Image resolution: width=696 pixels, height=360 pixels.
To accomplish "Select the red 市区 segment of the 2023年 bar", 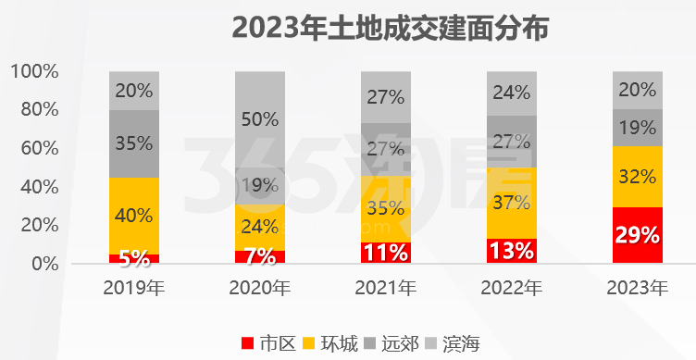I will tap(638, 235).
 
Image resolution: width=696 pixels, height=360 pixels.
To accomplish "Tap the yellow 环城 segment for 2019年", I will tap(134, 216).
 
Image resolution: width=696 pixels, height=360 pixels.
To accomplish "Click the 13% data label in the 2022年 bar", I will tap(512, 250).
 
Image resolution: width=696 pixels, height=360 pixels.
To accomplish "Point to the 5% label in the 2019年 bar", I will tap(134, 258).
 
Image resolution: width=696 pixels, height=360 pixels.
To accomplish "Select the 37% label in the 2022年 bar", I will tap(512, 202).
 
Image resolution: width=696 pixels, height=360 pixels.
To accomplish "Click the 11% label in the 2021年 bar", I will tap(386, 252).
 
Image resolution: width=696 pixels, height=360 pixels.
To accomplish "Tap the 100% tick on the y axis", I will tap(35, 71).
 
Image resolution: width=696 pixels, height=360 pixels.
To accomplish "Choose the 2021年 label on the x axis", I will tap(386, 288).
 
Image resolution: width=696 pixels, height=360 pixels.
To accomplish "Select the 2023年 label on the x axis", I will tap(638, 288).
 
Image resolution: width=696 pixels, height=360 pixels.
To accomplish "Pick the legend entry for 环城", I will tap(329, 343).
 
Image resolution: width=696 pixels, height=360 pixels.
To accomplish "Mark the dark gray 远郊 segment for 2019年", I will tap(134, 143).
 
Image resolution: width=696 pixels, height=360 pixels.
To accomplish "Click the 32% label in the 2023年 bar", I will tap(638, 176).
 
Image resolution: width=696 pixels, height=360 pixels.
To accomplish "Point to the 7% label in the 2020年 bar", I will tap(260, 255).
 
